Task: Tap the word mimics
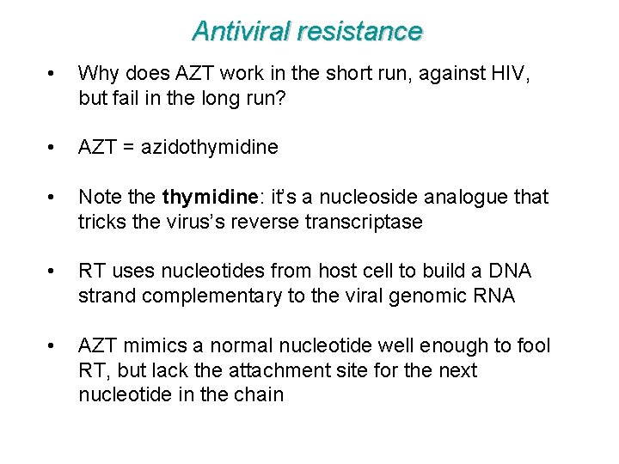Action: (x=148, y=346)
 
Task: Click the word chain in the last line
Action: (x=259, y=394)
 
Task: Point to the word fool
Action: (x=533, y=346)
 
